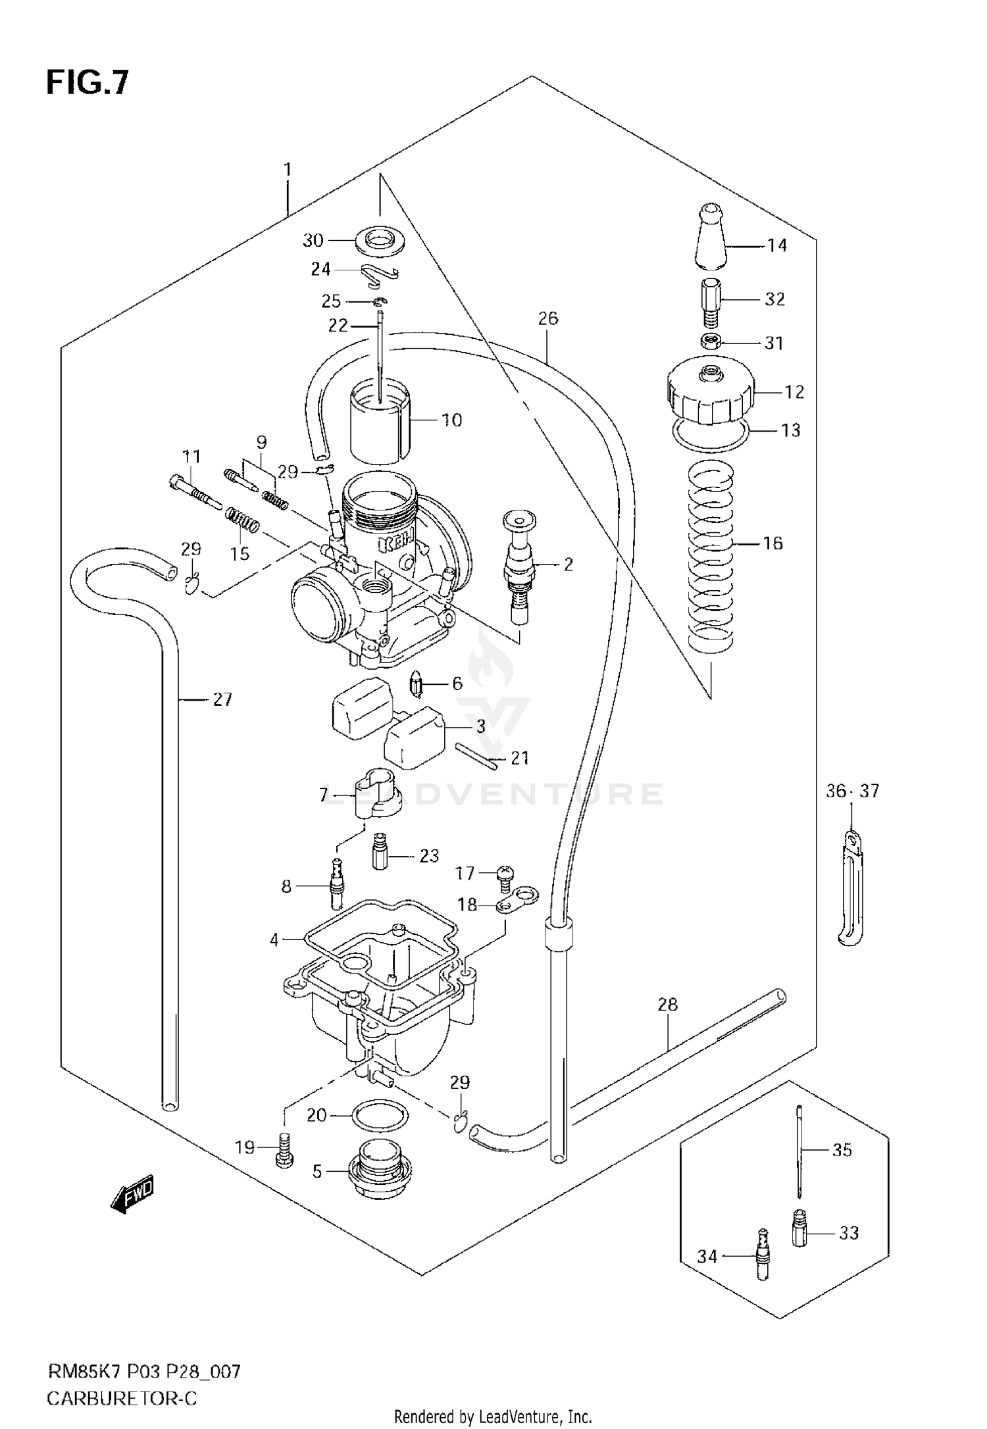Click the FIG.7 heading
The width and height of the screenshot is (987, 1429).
(88, 84)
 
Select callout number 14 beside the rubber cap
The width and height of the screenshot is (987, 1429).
(777, 245)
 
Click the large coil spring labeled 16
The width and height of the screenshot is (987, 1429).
(710, 553)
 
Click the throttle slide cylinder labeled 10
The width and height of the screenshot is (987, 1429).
(380, 421)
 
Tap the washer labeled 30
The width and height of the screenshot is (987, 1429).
(380, 241)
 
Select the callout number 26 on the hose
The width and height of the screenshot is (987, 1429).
(547, 318)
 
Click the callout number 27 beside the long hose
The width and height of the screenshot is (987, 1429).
(222, 699)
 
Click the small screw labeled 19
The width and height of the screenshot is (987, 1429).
(284, 1149)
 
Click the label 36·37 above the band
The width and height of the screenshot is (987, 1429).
(852, 791)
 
